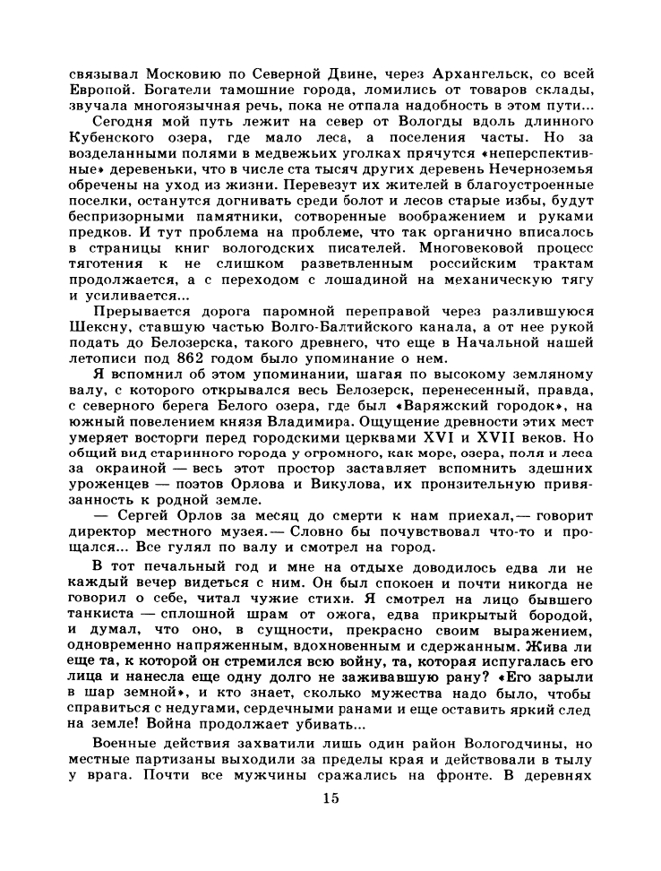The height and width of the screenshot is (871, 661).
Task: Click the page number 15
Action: pos(330,824)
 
